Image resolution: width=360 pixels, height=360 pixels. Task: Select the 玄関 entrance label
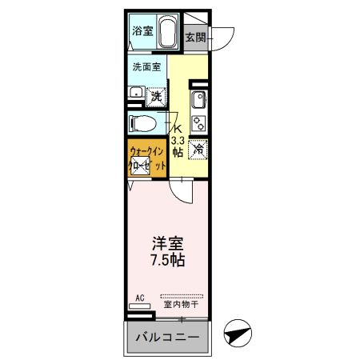click(x=194, y=36)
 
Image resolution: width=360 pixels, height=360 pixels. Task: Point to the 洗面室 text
click(x=146, y=68)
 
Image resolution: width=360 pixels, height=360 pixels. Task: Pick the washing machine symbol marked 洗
click(x=157, y=95)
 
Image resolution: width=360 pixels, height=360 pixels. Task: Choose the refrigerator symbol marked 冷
click(x=199, y=148)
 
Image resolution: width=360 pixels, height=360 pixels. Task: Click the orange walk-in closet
click(x=147, y=158)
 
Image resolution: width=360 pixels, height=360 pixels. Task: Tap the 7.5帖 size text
click(x=167, y=260)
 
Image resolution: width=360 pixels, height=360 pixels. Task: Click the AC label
click(x=139, y=298)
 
